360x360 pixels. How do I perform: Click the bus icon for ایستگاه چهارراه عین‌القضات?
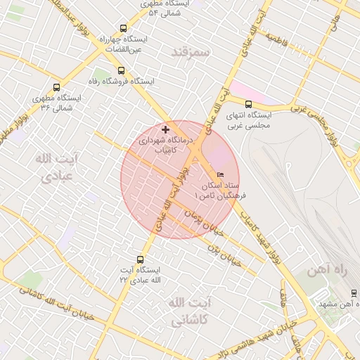124,30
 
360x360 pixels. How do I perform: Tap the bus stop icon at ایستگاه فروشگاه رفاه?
121,70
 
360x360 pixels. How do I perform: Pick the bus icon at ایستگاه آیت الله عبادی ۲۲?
140,260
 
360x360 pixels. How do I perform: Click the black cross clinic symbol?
166,130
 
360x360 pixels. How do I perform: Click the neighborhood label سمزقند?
192,52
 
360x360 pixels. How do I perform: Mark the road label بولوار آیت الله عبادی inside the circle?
172,200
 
